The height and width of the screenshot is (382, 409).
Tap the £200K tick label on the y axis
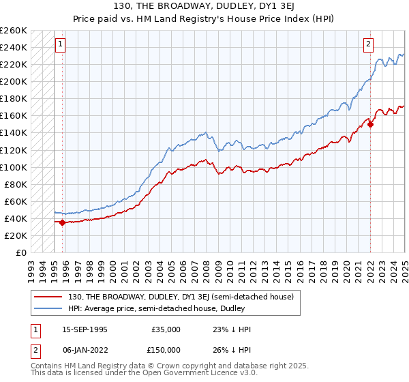coord(13,81)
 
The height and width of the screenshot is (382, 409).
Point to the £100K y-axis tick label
coord(13,167)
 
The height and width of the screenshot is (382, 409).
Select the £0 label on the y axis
coord(20,252)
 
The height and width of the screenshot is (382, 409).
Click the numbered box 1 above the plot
coord(61,45)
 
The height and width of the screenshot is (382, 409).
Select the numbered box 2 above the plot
coord(368,45)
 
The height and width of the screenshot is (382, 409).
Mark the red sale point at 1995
coord(62,222)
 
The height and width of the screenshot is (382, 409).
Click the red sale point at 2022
coord(370,124)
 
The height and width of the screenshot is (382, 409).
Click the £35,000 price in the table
coord(166,329)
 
